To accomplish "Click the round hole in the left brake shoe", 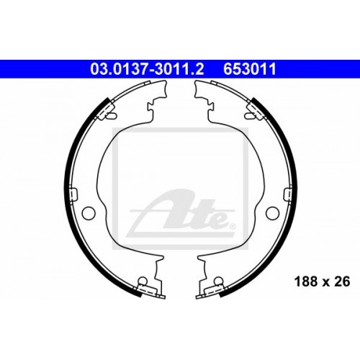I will point(89,213).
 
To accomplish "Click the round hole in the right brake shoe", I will point(272,213).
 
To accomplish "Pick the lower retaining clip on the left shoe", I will point(148,285).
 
